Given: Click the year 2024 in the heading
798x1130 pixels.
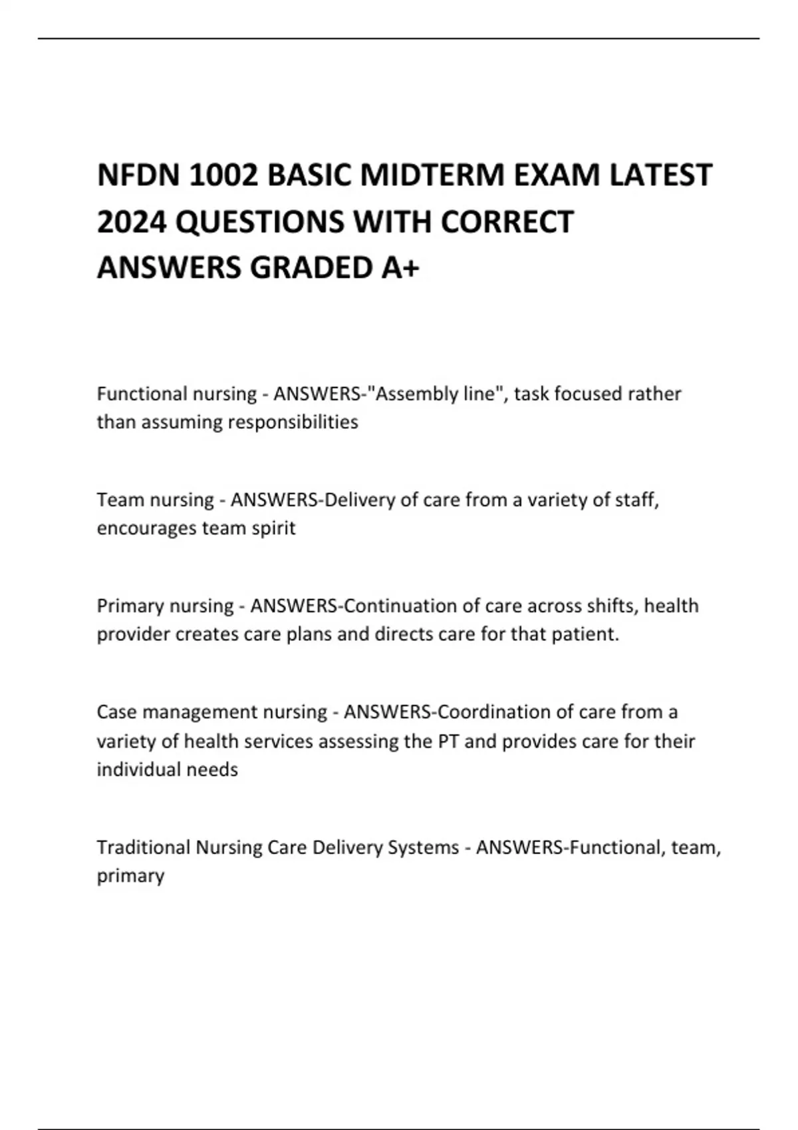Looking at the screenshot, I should pyautogui.click(x=131, y=222).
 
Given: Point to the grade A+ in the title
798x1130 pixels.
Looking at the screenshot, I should pyautogui.click(x=401, y=268).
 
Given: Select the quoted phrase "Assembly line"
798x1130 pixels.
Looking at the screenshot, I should pyautogui.click(x=436, y=394).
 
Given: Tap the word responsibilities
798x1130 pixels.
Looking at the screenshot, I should pyautogui.click(x=293, y=422).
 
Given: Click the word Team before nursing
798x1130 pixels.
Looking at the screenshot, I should pyautogui.click(x=120, y=500).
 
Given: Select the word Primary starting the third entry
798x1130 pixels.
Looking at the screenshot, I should pyautogui.click(x=130, y=606).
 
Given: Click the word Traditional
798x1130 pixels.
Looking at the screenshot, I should pyautogui.click(x=143, y=847).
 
